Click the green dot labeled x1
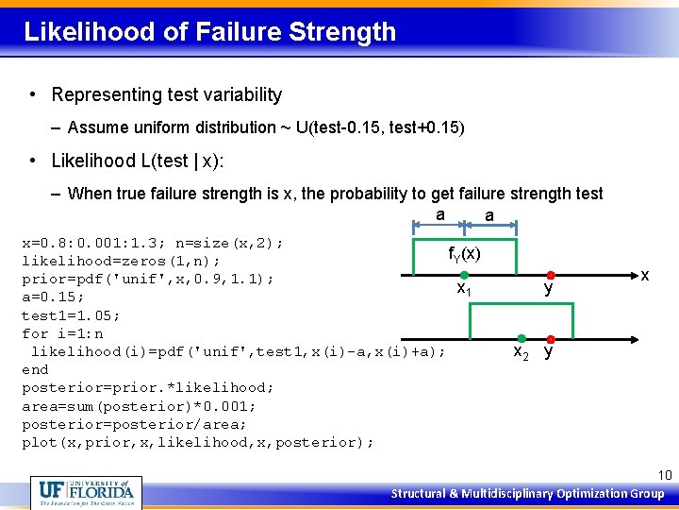(464, 275)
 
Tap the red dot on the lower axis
(549, 338)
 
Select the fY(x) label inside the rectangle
(464, 254)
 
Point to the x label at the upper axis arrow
(644, 276)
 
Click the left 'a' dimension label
(440, 214)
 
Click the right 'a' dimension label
(488, 216)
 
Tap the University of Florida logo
(87, 492)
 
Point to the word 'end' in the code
(35, 369)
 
